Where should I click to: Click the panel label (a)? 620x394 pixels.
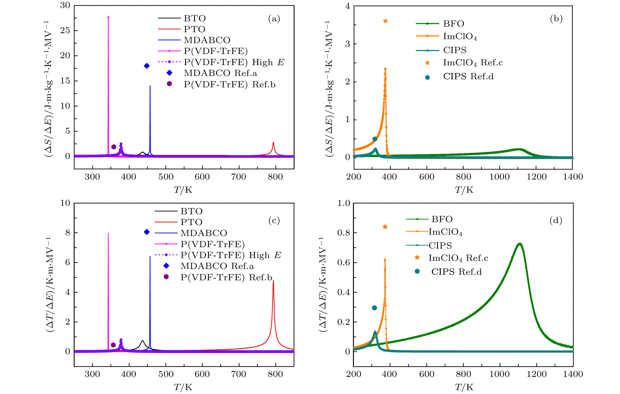(x=274, y=19)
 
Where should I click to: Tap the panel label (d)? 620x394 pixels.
(x=556, y=221)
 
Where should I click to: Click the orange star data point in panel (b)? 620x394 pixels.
(x=385, y=21)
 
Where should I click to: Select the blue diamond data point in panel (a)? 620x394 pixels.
(x=147, y=66)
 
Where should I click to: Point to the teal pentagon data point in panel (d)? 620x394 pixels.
(x=374, y=308)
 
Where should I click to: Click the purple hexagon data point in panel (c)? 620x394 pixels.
(x=113, y=345)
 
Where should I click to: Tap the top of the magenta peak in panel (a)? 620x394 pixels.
(x=108, y=18)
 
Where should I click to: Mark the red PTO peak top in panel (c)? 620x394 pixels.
(x=273, y=281)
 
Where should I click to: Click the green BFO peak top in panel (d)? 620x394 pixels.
(x=519, y=244)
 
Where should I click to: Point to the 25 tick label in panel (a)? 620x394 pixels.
(x=65, y=30)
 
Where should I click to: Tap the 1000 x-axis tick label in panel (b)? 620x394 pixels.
(x=500, y=177)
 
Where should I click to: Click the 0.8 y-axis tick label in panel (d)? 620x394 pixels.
(x=343, y=233)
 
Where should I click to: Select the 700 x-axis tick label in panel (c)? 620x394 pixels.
(x=239, y=374)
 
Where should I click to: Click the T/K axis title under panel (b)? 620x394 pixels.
(x=464, y=190)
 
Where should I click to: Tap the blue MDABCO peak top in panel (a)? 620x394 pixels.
(x=150, y=86)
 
